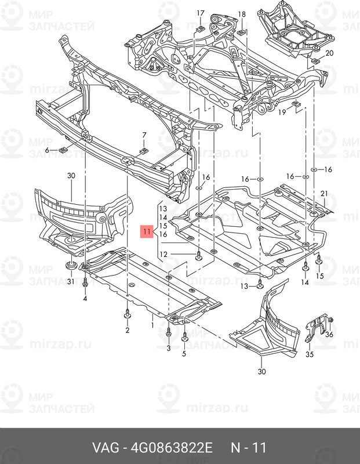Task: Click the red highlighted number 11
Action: (147, 231)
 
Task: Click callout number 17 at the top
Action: (200, 13)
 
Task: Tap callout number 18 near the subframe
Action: (242, 14)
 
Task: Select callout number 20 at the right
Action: (329, 53)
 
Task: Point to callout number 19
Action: (282, 112)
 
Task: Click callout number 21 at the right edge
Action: (324, 193)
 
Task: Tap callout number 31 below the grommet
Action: (70, 281)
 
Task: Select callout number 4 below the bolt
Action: (85, 298)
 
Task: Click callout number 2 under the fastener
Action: (127, 330)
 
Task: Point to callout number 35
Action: (310, 354)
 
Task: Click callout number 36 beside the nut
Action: (329, 334)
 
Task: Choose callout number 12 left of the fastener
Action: (163, 254)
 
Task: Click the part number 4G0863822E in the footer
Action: (172, 448)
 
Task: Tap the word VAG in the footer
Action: (106, 448)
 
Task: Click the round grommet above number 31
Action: (70, 265)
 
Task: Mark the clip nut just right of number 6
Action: (63, 150)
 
